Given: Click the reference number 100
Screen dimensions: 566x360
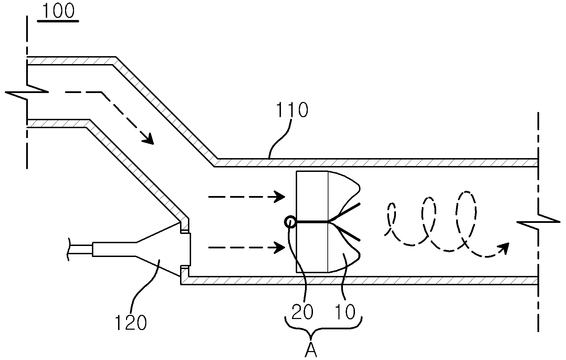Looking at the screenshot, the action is pos(59,11).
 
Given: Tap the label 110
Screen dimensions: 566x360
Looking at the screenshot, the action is pos(292,110).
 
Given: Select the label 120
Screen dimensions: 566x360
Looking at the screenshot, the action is pos(130,322).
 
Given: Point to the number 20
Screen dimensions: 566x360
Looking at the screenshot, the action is pos(303,311).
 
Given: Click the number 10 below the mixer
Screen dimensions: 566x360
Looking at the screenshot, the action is pos(345,311).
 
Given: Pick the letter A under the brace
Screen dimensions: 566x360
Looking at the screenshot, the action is pos(311,350).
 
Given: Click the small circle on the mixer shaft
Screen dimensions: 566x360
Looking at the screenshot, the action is pos(290,222).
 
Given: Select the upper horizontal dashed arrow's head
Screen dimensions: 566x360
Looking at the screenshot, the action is pos(280,196).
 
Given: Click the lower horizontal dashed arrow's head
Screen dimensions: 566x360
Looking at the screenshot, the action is pos(280,247).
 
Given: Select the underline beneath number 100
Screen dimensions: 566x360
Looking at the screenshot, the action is pos(58,21).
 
